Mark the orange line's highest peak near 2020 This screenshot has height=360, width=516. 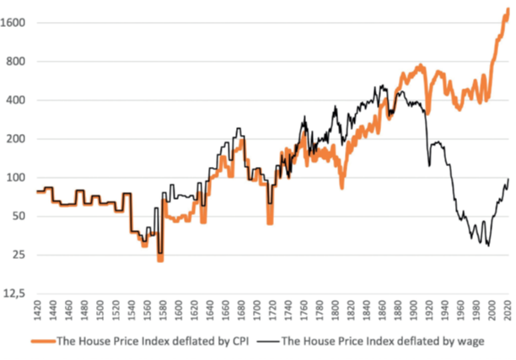point(506,9)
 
